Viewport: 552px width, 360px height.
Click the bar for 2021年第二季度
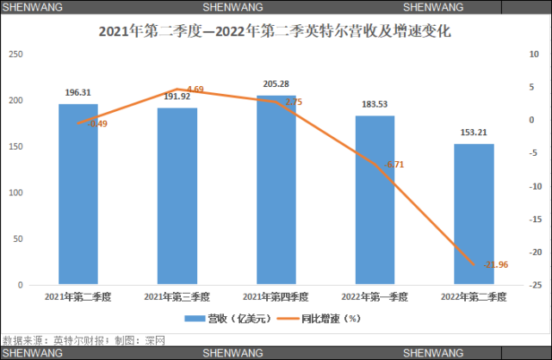pos(78,194)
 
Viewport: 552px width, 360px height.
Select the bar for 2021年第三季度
pos(177,196)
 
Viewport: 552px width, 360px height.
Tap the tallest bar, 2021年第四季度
pos(276,189)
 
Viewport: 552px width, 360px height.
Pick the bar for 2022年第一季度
pos(375,200)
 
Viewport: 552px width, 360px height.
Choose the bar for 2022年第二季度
pos(474,214)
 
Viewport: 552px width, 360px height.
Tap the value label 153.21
pos(474,133)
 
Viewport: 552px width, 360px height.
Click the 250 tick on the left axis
pos(15,54)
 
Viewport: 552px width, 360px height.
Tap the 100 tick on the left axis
pos(15,193)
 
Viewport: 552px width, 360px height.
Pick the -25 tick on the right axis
pos(535,285)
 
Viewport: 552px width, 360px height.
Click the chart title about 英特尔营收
pos(276,32)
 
